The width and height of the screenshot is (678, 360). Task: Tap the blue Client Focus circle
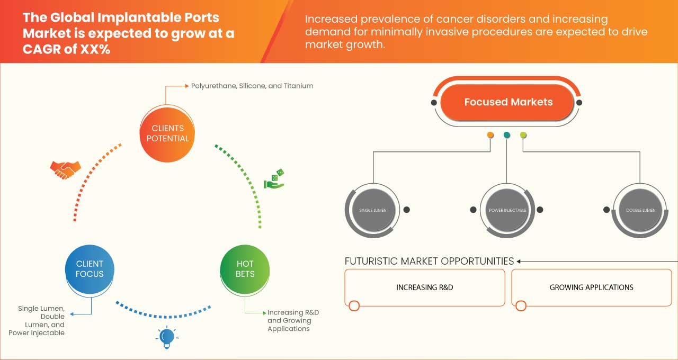[x=90, y=269]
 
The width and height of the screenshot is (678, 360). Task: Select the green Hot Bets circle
[x=245, y=269]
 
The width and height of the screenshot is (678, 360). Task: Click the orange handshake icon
[x=65, y=169]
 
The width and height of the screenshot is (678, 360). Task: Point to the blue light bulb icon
[x=167, y=337]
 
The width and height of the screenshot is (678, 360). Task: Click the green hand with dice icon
[x=274, y=179]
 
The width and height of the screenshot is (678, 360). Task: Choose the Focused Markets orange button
[x=507, y=102]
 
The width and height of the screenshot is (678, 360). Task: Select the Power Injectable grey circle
[x=507, y=210]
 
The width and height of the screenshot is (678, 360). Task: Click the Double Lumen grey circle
[x=640, y=210]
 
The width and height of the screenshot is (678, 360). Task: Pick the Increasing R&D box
[x=425, y=287]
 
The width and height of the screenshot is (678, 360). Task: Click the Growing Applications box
[x=591, y=287]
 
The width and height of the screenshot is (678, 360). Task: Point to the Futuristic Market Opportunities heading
[x=429, y=261]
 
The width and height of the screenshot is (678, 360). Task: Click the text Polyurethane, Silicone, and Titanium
[x=252, y=86]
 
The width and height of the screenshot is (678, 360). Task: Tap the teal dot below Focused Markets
[x=507, y=135]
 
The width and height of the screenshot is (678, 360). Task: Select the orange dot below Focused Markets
[x=490, y=135]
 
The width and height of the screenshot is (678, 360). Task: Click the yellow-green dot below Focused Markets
[x=523, y=135]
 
